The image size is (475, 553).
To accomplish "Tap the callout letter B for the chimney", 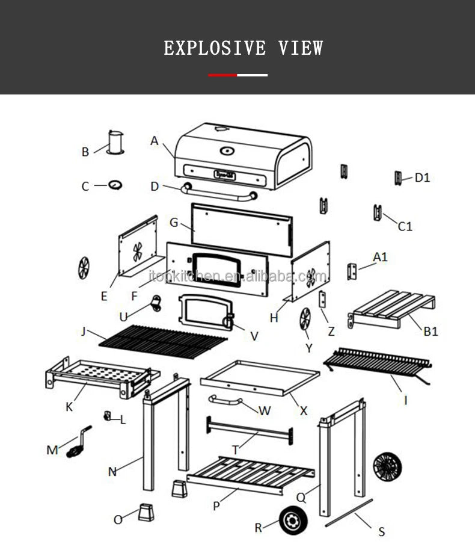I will pos(85,152).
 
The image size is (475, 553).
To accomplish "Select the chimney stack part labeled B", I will pos(115,142).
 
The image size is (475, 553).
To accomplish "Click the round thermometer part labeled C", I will pos(115,185).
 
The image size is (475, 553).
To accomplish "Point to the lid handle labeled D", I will pos(220,193).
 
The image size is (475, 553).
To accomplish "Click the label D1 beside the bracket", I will pos(423,178).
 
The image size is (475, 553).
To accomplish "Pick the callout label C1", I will pos(405,226).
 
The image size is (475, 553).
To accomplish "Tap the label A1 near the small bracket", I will pos(380,257).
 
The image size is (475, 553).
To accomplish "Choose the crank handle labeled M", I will pos(78,443).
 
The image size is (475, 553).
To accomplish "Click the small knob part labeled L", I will pos(109,415).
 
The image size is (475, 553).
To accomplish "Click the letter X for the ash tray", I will pos(304,411).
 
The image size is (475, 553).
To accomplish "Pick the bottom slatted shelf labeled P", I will pos(251,475).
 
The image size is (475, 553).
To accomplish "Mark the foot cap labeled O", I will pos(146,511).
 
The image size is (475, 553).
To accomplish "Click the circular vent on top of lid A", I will pos(227,150).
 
